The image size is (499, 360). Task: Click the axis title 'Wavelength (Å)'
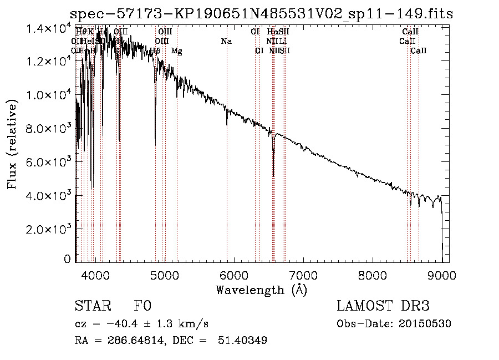[261, 290]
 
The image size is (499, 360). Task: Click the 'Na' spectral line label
[226, 42]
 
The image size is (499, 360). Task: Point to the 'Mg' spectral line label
[176, 51]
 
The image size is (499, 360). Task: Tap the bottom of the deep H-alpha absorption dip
[273, 176]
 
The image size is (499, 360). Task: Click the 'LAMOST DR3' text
[383, 306]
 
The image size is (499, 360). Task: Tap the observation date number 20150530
[424, 324]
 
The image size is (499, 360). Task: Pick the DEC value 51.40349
[245, 341]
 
